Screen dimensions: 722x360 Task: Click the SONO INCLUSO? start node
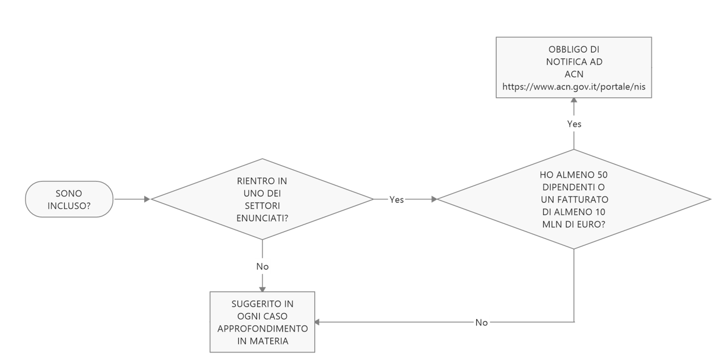click(x=69, y=199)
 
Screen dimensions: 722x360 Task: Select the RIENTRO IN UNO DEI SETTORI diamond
click(x=262, y=199)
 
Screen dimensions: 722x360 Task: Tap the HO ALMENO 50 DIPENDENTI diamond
click(x=574, y=199)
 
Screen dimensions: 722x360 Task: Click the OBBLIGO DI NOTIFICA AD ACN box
click(x=574, y=67)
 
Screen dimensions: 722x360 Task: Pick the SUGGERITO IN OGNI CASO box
click(x=262, y=322)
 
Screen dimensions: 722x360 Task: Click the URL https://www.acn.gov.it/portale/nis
click(x=574, y=87)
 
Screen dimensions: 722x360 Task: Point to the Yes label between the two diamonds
click(x=396, y=199)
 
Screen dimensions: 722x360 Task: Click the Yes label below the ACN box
click(x=574, y=124)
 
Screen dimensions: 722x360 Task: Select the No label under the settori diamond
click(x=262, y=266)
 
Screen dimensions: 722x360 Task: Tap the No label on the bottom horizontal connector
click(x=481, y=323)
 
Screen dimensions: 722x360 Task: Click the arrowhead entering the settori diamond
click(x=147, y=199)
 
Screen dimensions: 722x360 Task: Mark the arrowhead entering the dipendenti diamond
click(x=434, y=199)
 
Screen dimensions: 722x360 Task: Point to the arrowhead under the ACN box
click(x=574, y=100)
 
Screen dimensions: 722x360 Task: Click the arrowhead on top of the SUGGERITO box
click(x=262, y=288)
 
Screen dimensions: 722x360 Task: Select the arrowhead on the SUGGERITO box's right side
click(x=317, y=322)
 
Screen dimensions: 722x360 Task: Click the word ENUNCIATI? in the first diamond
click(x=262, y=218)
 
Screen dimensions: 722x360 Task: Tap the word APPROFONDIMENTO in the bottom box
click(x=262, y=329)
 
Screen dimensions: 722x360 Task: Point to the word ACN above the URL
click(x=574, y=74)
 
